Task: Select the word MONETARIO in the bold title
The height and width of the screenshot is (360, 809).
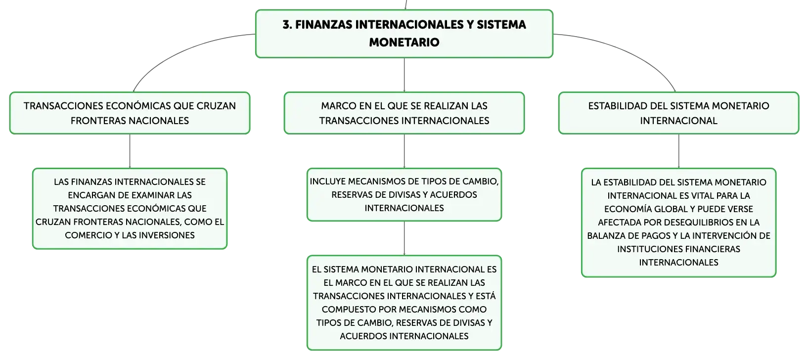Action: [404, 42]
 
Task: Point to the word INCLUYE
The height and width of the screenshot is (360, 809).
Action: [327, 181]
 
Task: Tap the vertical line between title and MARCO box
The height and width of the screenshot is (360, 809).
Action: [404, 75]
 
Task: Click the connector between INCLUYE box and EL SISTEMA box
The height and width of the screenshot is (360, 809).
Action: [404, 238]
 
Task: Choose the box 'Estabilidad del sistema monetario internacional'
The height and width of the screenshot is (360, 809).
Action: [678, 113]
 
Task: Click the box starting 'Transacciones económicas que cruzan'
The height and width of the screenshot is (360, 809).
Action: [130, 113]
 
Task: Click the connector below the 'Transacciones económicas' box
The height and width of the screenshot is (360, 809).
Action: [130, 151]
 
